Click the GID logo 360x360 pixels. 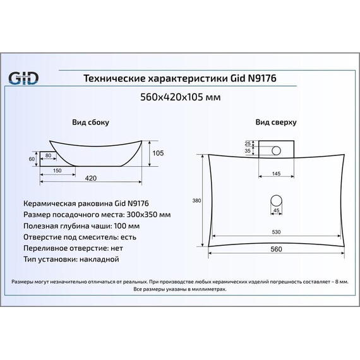tap(23, 78)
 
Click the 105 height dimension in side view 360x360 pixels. tap(158, 153)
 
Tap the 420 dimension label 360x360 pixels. tap(91, 178)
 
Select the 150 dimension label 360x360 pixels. tap(57, 171)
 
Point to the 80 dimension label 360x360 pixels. tap(48, 155)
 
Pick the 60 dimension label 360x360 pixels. tap(32, 159)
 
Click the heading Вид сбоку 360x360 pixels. tap(90, 122)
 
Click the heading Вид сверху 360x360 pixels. tap(276, 122)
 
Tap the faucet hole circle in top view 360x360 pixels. tap(276, 150)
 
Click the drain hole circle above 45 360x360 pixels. tap(276, 201)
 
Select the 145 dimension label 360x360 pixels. tap(276, 174)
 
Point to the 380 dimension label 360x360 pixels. tap(196, 201)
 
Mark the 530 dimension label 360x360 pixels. tap(276, 232)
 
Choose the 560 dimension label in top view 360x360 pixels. tap(276, 249)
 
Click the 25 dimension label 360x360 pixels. tap(248, 143)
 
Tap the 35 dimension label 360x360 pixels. tap(248, 151)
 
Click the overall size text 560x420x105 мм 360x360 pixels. tap(181, 97)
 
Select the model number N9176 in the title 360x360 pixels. tap(262, 78)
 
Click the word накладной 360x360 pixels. tap(99, 260)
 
